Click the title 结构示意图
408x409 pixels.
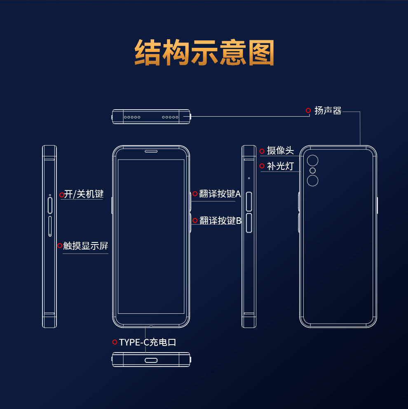click(x=204, y=53)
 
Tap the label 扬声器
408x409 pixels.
click(x=328, y=110)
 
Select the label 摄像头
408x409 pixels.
click(x=280, y=151)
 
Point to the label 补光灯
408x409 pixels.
click(x=280, y=166)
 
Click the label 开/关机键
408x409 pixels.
click(x=84, y=194)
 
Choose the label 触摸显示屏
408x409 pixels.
click(x=85, y=246)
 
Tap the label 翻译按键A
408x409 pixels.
click(x=220, y=194)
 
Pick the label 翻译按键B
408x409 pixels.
click(x=220, y=221)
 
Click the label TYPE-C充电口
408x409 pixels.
click(x=148, y=342)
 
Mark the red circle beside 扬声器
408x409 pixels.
click(x=308, y=110)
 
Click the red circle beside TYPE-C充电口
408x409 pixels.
click(x=115, y=342)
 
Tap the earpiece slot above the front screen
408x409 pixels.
click(x=151, y=151)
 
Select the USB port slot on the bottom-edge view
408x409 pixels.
click(x=151, y=360)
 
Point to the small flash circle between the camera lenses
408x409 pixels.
click(x=313, y=171)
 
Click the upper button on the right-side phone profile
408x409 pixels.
click(x=249, y=202)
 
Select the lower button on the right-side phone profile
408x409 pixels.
click(x=249, y=223)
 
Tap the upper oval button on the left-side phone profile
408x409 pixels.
click(x=50, y=205)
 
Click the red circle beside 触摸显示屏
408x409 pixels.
click(x=60, y=246)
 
